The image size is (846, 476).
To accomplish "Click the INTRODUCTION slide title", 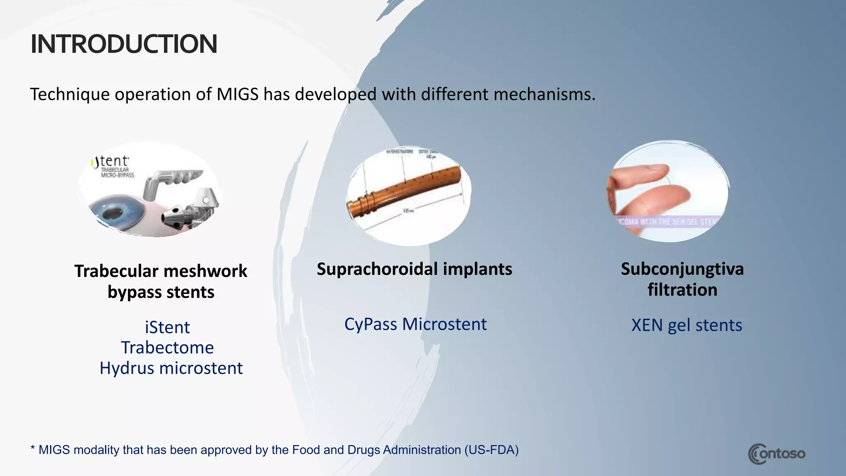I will point(124,44).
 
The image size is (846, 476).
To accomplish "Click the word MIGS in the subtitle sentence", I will point(238,94).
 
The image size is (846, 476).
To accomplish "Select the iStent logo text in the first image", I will point(111,162).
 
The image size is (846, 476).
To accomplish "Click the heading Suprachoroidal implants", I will point(414,269).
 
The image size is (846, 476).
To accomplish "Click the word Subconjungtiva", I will point(682,269).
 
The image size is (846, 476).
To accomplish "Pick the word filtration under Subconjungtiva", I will point(682,290).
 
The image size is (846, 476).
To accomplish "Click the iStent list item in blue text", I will point(167,327).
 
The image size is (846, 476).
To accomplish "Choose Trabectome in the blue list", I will point(167,347).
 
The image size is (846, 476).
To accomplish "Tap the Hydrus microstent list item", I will point(171,368).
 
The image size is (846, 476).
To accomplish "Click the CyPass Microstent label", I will point(415,324).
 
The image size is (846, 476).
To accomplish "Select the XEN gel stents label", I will point(687,325).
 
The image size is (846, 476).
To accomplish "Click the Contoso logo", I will point(777,454).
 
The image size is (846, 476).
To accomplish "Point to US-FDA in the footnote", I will point(491,450).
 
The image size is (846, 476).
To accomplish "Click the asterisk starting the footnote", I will point(33,448).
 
